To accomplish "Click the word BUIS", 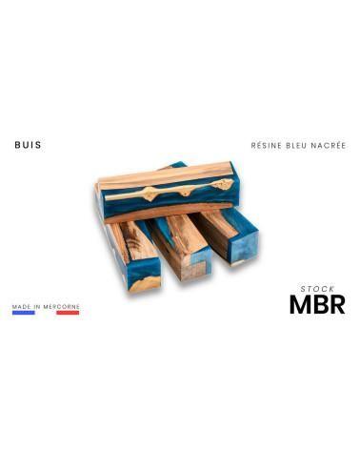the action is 28,146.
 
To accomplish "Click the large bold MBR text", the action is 317,304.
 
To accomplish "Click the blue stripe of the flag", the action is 23,314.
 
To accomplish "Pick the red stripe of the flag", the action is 68,314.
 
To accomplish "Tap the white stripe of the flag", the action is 46,314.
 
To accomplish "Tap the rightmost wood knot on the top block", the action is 222,184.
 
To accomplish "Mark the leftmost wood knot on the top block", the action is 150,194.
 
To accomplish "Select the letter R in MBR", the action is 336,304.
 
